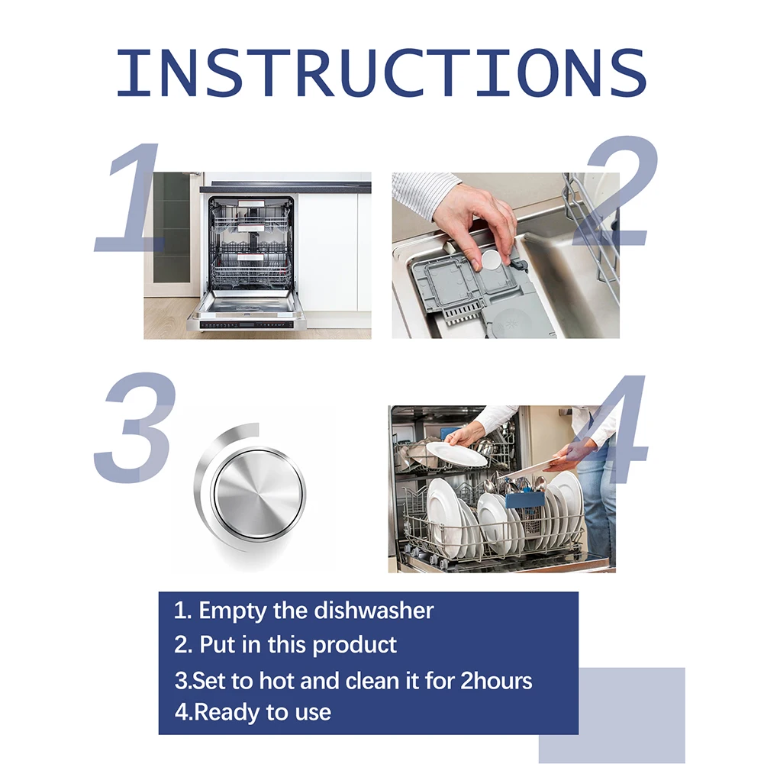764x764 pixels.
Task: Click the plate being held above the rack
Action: (456, 453)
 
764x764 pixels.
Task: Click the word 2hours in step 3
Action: (496, 679)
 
